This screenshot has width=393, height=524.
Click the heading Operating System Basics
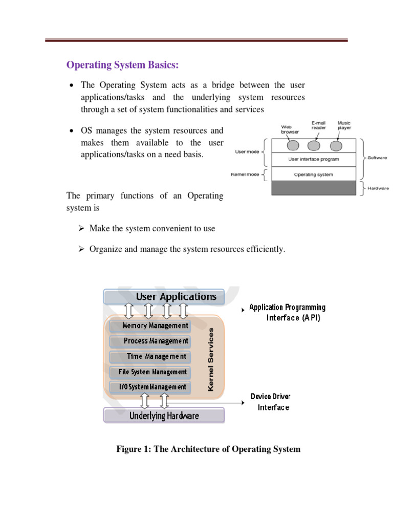tap(123, 65)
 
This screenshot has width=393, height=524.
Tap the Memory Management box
tap(149, 325)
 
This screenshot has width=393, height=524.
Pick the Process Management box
tap(149, 341)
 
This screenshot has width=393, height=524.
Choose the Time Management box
tap(149, 356)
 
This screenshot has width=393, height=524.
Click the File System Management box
tap(149, 372)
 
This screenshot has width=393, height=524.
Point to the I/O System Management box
tap(149, 387)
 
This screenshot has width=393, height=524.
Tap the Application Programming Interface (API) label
tap(287, 312)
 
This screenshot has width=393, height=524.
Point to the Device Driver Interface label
tap(271, 402)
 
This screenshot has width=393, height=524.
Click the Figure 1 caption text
tap(208, 449)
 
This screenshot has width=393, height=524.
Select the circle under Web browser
tap(292, 146)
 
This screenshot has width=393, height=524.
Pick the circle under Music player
tap(336, 146)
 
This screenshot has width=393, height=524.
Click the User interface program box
tap(314, 159)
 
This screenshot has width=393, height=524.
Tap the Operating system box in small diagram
tap(314, 174)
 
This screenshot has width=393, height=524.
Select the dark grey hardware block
tap(314, 188)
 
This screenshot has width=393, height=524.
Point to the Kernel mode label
tap(246, 174)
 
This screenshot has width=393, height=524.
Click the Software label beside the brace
tap(377, 158)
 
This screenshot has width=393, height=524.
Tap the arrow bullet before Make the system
tap(81, 229)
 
